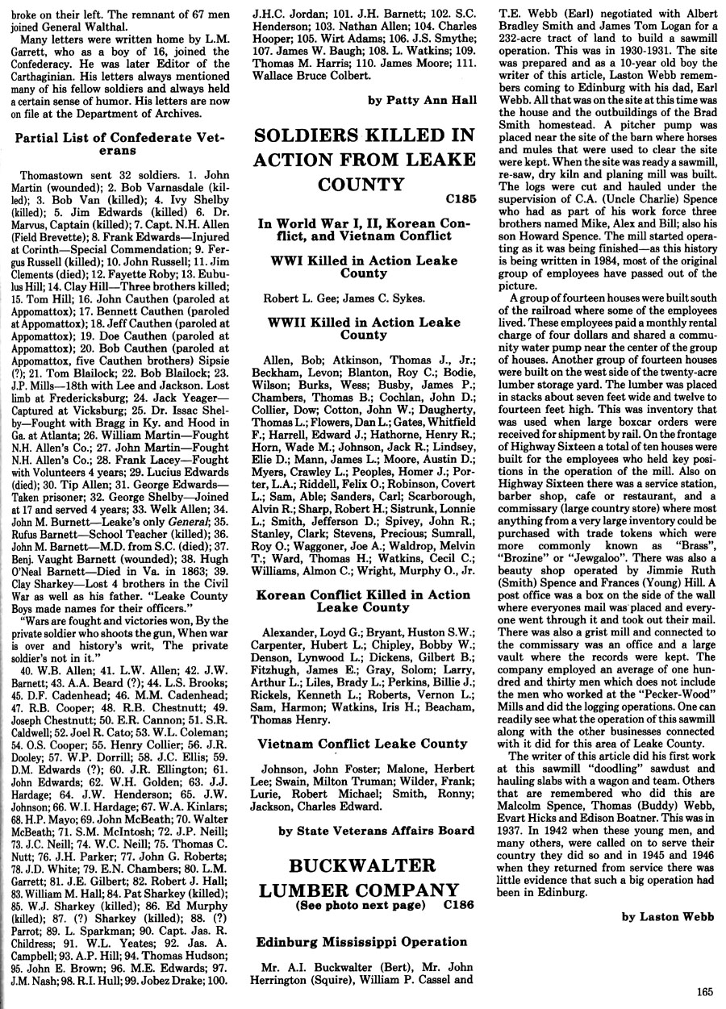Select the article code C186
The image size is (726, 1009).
[x=457, y=904]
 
